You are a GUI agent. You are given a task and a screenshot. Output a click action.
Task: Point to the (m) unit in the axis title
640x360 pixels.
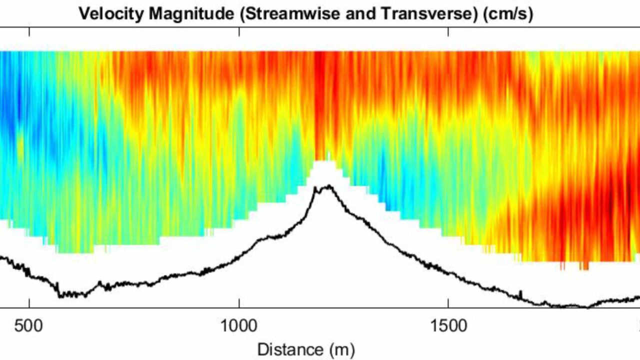pyautogui.click(x=339, y=349)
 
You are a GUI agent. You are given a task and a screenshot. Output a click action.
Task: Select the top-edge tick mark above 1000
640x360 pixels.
pyautogui.click(x=239, y=31)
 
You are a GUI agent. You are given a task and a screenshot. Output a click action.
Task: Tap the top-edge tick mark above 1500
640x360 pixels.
pyautogui.click(x=448, y=31)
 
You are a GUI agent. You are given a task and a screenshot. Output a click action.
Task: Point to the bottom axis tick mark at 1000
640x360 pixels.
pyautogui.click(x=239, y=305)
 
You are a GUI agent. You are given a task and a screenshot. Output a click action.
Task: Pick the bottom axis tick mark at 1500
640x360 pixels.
pyautogui.click(x=448, y=305)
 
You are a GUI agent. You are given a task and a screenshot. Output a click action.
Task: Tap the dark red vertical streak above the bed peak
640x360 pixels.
pyautogui.click(x=318, y=100)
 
